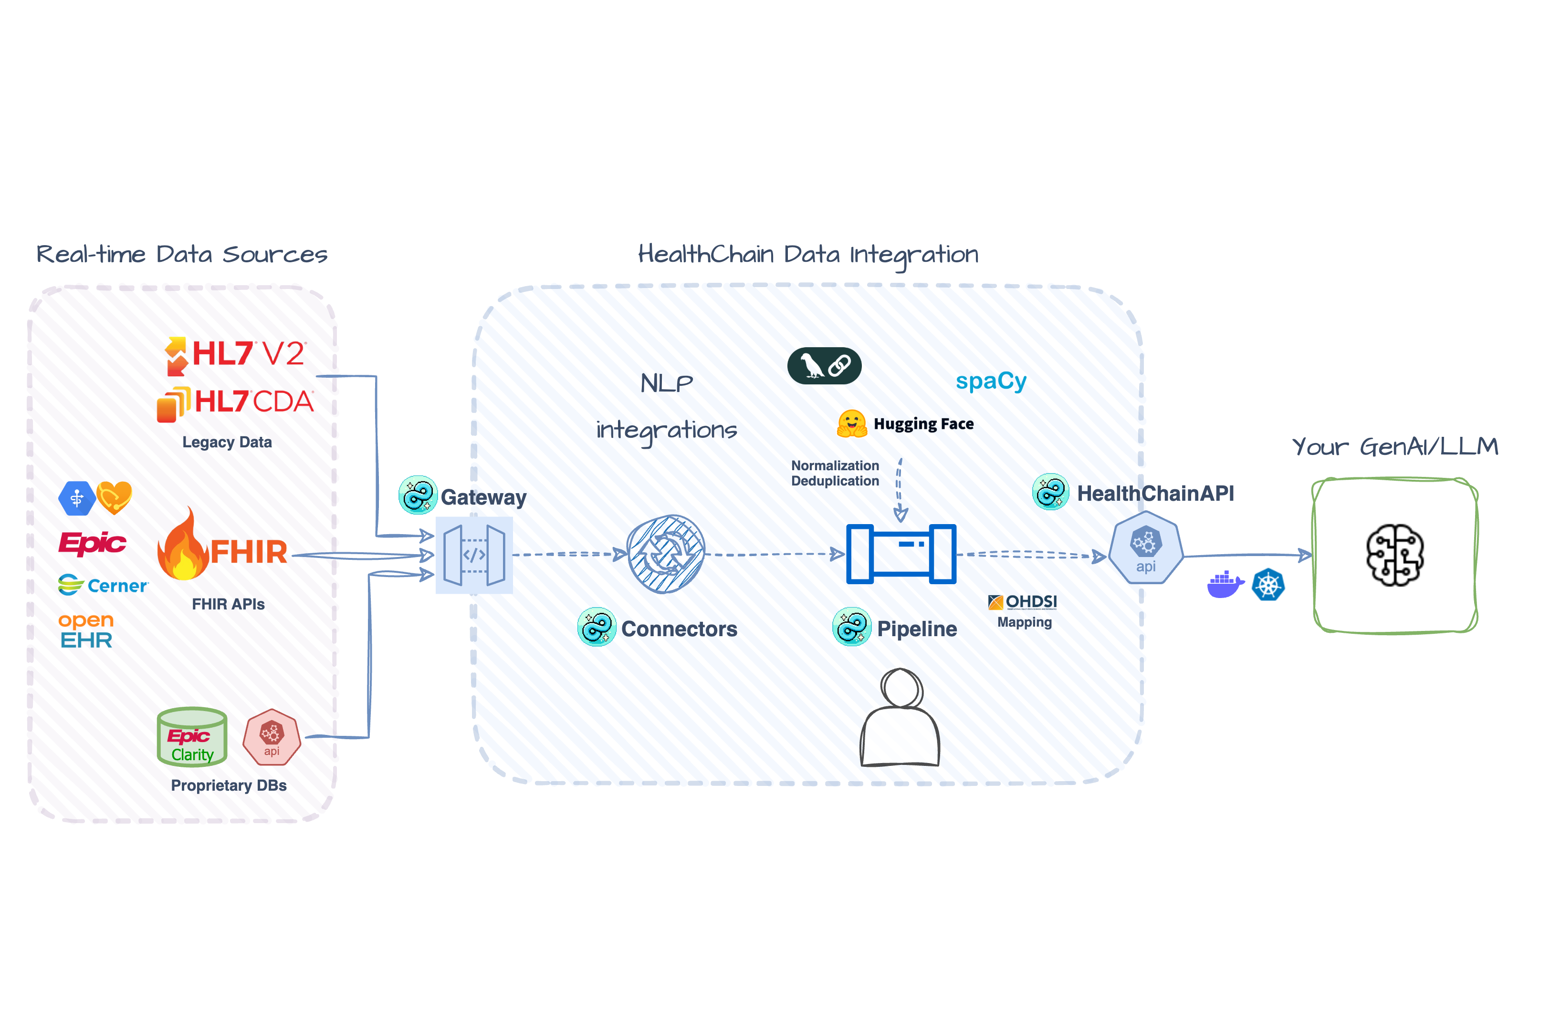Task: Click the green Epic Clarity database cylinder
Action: [192, 736]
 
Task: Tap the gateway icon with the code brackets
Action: [473, 555]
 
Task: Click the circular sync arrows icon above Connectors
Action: [665, 554]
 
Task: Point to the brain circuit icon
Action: [1394, 555]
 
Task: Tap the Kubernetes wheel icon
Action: [1267, 585]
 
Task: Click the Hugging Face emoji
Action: [851, 423]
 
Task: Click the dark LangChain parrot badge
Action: [824, 365]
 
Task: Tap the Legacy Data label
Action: [227, 442]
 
